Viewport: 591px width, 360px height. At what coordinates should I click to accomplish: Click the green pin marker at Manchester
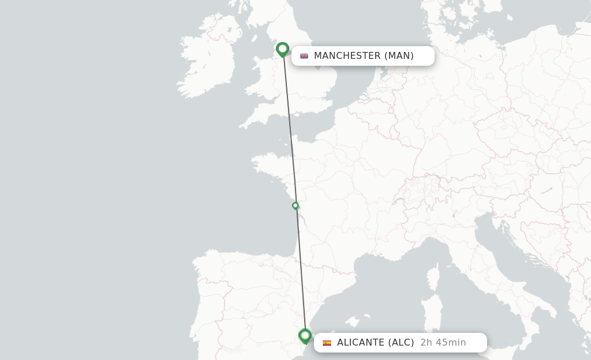[x=282, y=49]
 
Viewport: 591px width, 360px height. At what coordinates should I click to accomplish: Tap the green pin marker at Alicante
[x=305, y=335]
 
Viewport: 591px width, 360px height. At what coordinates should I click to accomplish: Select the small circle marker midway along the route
[x=295, y=205]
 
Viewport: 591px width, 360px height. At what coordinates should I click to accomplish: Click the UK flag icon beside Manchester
[x=304, y=56]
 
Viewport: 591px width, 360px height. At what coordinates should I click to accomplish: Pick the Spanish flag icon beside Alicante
[x=327, y=343]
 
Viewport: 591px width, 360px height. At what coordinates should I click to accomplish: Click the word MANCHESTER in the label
[x=347, y=56]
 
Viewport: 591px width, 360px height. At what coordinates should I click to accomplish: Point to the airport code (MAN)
[x=399, y=56]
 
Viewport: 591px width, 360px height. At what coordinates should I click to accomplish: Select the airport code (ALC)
[x=401, y=343]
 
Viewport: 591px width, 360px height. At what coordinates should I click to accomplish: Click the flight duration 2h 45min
[x=443, y=343]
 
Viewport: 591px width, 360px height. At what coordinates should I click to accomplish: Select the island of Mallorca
[x=364, y=320]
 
